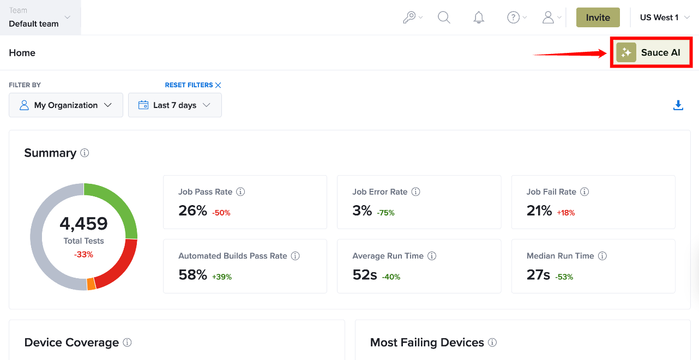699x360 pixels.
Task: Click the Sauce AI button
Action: click(x=651, y=52)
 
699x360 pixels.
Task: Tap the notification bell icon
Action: click(x=479, y=17)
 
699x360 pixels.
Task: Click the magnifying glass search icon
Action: click(x=444, y=17)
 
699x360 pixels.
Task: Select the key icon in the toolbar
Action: click(x=409, y=17)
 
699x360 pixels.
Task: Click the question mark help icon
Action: click(x=513, y=17)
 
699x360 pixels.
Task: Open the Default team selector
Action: click(x=40, y=17)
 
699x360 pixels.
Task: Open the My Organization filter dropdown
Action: click(x=66, y=105)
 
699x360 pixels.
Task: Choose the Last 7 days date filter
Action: click(x=174, y=105)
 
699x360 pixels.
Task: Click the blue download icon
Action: click(x=678, y=105)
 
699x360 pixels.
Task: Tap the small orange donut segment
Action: click(x=91, y=284)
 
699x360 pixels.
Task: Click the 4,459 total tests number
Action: click(x=83, y=224)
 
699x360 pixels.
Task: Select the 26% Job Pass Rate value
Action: click(x=192, y=211)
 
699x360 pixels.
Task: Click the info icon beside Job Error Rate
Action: click(x=415, y=191)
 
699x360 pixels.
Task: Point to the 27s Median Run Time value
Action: click(x=538, y=275)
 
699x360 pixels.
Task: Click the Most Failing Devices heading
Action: click(x=427, y=343)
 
